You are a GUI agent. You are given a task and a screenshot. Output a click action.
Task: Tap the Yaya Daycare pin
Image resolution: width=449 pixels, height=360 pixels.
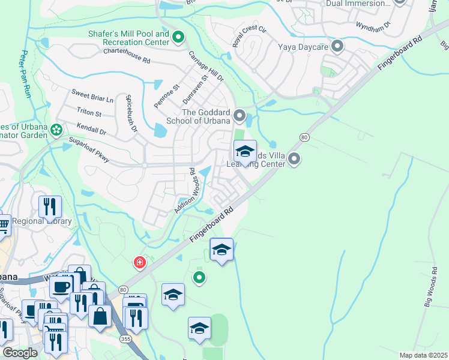[337, 46]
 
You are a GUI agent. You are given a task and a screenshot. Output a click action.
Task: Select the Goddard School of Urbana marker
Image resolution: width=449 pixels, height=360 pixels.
[240, 114]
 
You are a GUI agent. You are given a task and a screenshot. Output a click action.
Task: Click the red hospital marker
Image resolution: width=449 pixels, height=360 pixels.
[139, 263]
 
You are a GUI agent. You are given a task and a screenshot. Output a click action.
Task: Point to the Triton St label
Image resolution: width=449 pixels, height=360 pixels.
[89, 112]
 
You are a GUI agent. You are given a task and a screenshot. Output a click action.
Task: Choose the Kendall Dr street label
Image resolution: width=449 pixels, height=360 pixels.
[91, 128]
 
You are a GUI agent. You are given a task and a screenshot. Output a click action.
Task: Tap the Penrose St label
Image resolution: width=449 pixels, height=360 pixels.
[166, 96]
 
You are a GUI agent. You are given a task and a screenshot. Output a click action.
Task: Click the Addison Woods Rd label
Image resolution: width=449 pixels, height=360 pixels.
[187, 190]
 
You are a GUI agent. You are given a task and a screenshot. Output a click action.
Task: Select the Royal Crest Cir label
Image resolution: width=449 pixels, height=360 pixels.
[249, 37]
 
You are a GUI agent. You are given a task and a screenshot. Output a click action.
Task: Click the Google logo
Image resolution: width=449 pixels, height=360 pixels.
[20, 353]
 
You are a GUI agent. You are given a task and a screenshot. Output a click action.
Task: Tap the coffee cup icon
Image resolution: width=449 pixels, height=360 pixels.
[61, 286]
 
